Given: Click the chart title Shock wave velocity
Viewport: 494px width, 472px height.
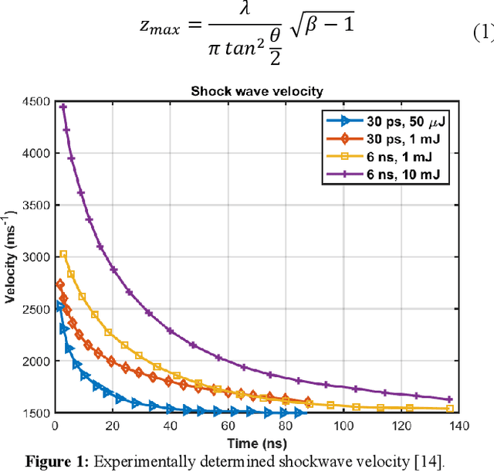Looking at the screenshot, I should [x=257, y=91].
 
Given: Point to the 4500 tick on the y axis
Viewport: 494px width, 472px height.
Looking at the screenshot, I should [x=36, y=102].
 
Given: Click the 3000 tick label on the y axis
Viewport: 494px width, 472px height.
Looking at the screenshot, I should [x=36, y=257].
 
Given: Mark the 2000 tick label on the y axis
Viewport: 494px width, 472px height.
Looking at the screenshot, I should [x=36, y=361].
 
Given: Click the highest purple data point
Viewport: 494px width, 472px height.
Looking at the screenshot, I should [x=63, y=107].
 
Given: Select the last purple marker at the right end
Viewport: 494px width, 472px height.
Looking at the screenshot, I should [x=450, y=399].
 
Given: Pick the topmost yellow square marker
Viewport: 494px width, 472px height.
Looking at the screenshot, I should [x=63, y=254].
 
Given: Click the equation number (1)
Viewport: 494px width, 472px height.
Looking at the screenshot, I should [x=482, y=33].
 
